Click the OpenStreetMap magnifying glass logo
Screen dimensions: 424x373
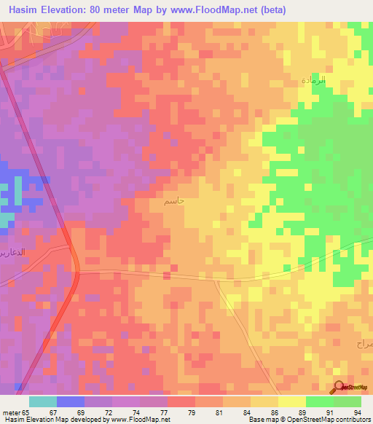click(339, 386)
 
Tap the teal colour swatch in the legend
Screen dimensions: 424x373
click(43, 401)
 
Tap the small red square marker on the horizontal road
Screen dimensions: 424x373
click(168, 276)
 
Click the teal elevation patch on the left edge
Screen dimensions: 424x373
click(7, 220)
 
